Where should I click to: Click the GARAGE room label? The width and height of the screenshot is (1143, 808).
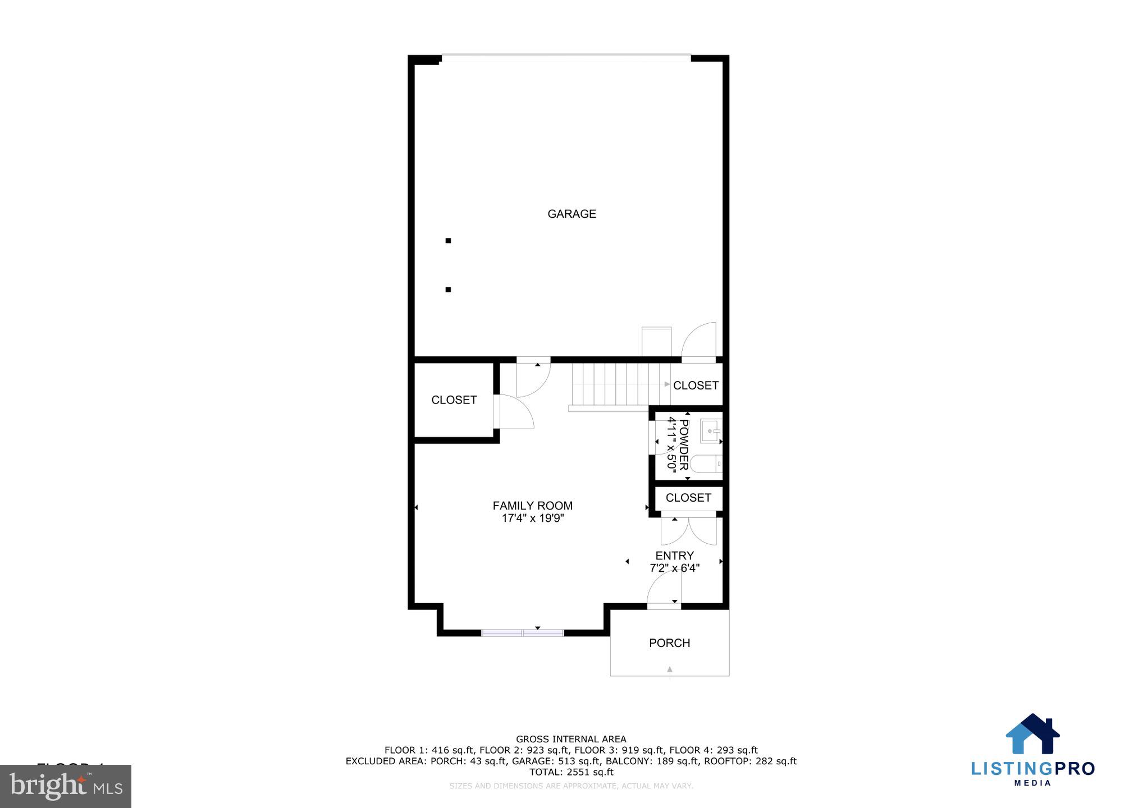click(x=571, y=214)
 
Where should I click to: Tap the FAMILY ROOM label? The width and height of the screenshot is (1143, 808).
click(x=532, y=506)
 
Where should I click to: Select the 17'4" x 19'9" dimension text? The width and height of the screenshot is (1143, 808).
click(x=532, y=518)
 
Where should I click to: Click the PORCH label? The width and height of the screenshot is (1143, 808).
click(x=669, y=643)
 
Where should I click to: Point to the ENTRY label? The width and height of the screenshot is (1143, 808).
click(x=674, y=555)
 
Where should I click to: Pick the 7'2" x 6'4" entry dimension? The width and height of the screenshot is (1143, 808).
click(x=674, y=568)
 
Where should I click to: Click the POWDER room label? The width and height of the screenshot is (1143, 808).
click(x=683, y=445)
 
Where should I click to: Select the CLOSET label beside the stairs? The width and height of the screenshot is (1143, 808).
click(x=696, y=385)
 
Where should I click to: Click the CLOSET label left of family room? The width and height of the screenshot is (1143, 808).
click(x=454, y=400)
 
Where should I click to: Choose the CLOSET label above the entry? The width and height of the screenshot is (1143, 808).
click(x=688, y=498)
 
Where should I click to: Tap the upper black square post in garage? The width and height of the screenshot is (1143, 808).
click(x=448, y=241)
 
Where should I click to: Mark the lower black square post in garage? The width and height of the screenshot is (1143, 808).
click(x=448, y=290)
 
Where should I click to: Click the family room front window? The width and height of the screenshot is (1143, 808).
click(x=523, y=633)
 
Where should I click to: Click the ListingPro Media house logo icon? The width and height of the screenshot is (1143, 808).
click(x=1032, y=733)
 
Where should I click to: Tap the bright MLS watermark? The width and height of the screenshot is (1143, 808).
click(x=66, y=786)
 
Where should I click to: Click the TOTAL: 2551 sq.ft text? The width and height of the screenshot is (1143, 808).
click(x=571, y=772)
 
